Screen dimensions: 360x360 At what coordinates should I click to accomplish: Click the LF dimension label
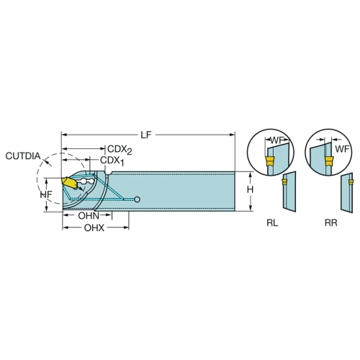click(x=146, y=135)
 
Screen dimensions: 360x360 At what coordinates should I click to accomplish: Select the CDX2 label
click(x=120, y=150)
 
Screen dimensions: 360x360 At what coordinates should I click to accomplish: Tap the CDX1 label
click(x=112, y=161)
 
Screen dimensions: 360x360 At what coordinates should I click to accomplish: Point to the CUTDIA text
click(x=23, y=156)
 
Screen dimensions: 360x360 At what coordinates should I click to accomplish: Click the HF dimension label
click(x=46, y=194)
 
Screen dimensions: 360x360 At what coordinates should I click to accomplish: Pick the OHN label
click(x=89, y=216)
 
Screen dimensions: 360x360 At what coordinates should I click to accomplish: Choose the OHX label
click(x=94, y=228)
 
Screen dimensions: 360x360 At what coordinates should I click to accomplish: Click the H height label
click(x=250, y=190)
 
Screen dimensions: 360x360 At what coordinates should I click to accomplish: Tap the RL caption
click(x=272, y=223)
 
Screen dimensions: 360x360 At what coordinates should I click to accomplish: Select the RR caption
click(x=331, y=223)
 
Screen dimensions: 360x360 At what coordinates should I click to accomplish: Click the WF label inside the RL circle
click(x=277, y=140)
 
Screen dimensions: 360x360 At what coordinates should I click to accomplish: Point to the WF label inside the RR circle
click(x=342, y=149)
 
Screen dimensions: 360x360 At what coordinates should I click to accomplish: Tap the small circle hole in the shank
click(x=137, y=199)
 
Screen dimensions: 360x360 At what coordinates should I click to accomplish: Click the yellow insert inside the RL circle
click(x=270, y=161)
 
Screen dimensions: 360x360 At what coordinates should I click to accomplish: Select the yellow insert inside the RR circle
click(x=329, y=161)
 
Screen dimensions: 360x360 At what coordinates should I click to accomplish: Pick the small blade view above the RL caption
click(x=289, y=192)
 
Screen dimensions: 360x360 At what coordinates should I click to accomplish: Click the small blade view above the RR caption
click(x=347, y=192)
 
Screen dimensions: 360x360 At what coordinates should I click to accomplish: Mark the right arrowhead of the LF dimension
click(x=233, y=135)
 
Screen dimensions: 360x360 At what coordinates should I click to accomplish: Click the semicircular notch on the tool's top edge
click(x=109, y=173)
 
